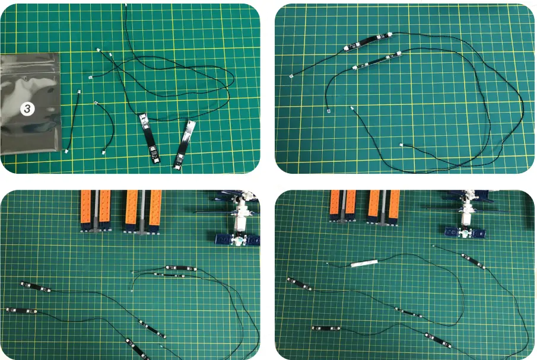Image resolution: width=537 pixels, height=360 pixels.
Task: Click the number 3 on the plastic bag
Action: tap(27, 108)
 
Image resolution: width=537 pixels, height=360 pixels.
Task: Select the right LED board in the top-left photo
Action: tap(185, 143)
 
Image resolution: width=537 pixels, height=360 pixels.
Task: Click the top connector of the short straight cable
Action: tap(80, 92)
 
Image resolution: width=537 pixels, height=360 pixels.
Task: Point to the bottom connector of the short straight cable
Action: tap(66, 151)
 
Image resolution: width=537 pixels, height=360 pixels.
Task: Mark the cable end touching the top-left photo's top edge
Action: tap(126, 5)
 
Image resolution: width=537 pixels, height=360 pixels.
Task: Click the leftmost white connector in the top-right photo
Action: tap(291, 77)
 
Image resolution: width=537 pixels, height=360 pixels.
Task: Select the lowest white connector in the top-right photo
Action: tap(402, 145)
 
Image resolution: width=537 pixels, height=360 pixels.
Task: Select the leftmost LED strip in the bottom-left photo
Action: tap(21, 310)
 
